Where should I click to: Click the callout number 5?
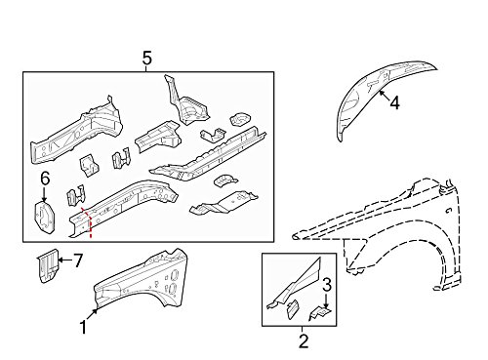145,60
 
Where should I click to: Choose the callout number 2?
303,340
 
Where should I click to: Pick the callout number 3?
328,284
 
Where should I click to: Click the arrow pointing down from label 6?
44,192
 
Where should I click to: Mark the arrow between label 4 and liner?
384,97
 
